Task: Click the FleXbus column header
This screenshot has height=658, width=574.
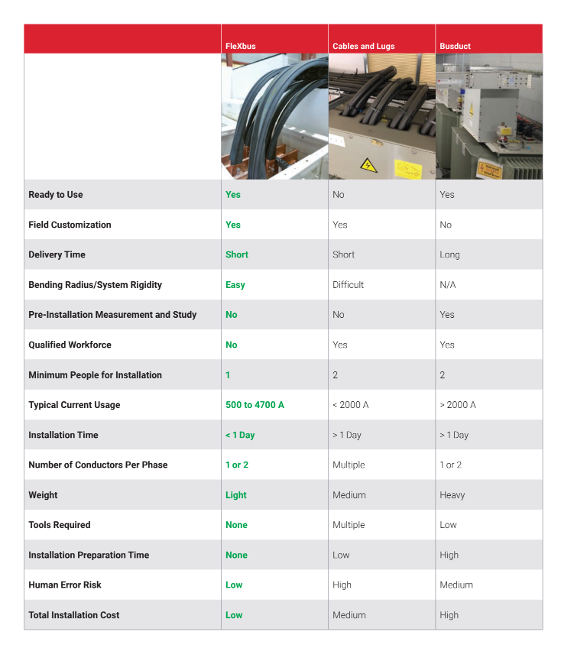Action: click(241, 47)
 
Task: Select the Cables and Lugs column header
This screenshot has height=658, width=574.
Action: click(364, 47)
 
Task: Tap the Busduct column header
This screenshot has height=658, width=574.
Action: click(455, 47)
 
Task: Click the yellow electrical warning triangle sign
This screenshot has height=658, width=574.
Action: click(368, 164)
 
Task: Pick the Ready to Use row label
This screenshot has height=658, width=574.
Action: click(56, 195)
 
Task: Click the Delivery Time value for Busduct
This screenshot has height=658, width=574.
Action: click(449, 254)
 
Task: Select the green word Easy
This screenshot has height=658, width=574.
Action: click(235, 285)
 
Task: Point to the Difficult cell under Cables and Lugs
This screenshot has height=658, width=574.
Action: click(348, 285)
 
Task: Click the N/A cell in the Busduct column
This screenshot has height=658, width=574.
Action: click(449, 285)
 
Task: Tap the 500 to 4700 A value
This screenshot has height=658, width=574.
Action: click(255, 405)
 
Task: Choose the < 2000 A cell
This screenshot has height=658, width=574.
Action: click(351, 405)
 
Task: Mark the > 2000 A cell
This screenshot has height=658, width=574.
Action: click(458, 405)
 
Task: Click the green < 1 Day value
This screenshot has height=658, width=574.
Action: click(240, 435)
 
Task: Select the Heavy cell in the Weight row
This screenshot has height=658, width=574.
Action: click(452, 495)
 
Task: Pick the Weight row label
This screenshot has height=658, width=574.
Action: click(43, 495)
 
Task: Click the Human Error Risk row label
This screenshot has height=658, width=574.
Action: click(65, 585)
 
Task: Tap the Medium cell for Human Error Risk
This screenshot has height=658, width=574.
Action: click(456, 585)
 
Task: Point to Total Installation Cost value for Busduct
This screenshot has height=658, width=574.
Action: click(449, 615)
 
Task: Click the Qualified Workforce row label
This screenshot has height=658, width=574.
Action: click(70, 345)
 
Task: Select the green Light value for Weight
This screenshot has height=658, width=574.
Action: click(236, 495)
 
